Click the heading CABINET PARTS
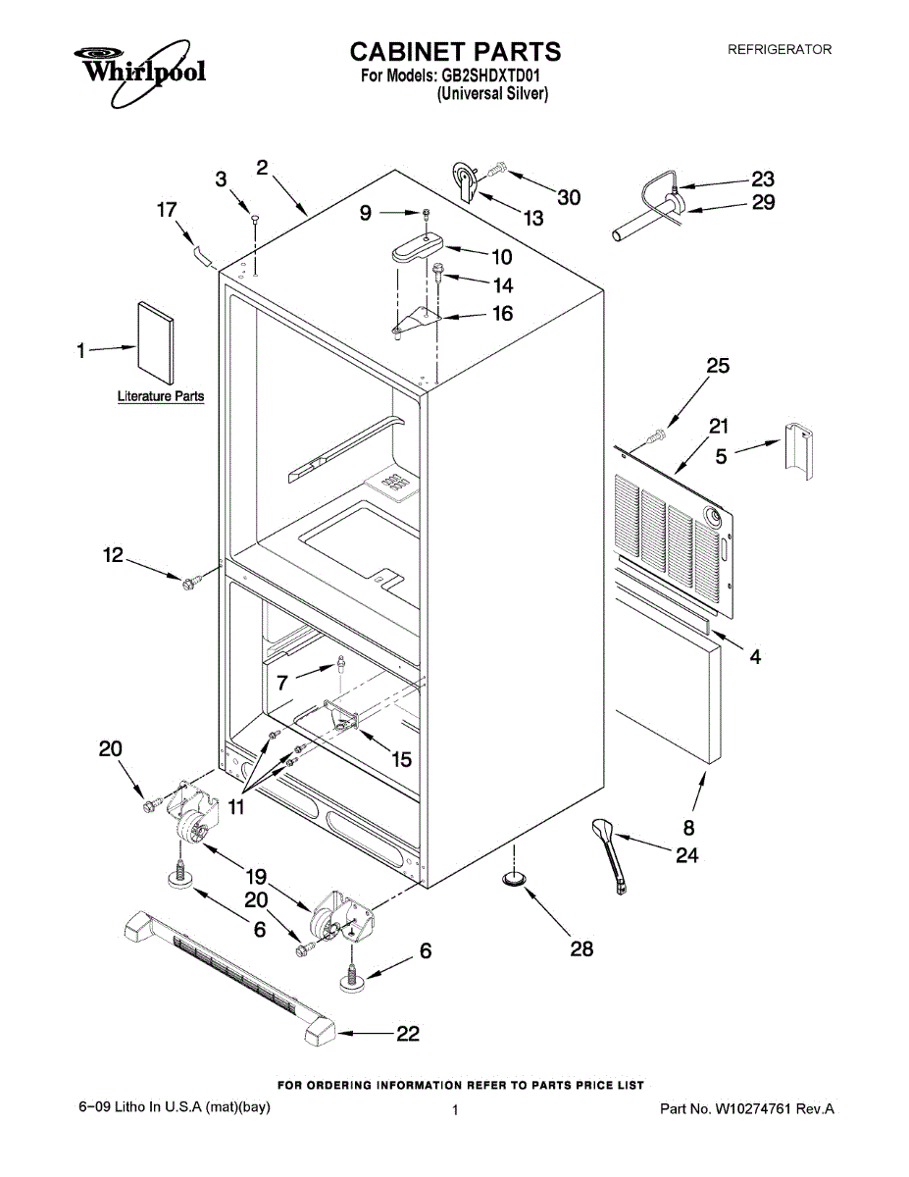pos(455,51)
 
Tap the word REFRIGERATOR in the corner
pos(779,49)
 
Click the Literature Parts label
pos(161,397)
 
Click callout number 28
pos(581,949)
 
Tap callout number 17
pos(167,209)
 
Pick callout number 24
pos(686,856)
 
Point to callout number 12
pos(114,555)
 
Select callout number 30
pos(569,197)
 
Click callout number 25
pos(719,366)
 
